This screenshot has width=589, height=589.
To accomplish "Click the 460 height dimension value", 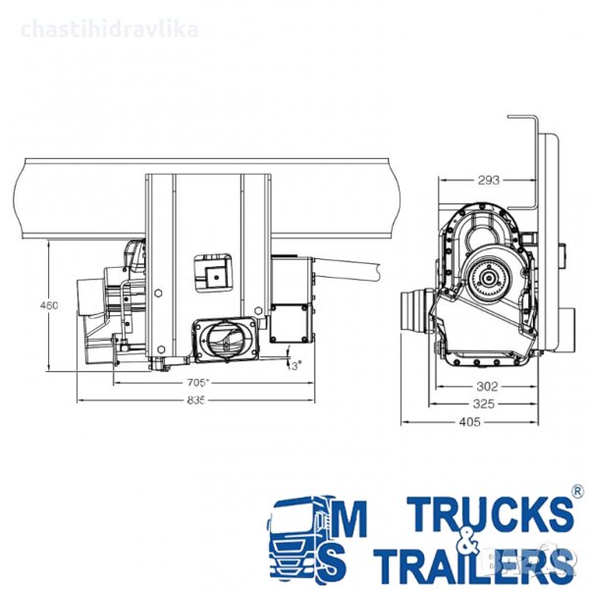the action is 49,305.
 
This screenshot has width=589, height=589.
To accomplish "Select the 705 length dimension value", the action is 196,383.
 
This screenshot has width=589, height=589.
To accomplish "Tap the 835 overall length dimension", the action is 196,401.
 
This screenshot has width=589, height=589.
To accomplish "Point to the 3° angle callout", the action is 296,365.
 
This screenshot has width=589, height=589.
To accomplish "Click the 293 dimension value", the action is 489,181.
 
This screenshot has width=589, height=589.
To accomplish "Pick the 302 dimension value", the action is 487,386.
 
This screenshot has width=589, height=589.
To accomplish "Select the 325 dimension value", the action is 483,403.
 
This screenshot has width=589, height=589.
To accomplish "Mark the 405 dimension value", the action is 469,422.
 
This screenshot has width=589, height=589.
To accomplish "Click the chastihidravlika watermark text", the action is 109,29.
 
